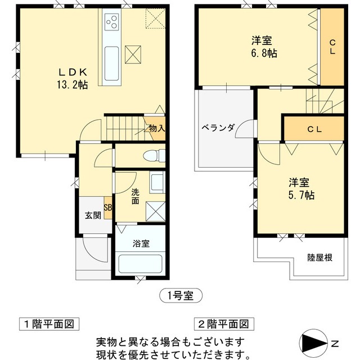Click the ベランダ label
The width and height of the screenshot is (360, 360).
[x=218, y=127]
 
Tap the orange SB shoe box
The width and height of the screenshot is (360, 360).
[x=107, y=206]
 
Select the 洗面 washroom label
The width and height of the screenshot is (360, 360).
[x=136, y=196]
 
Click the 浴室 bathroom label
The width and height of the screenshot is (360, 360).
[x=141, y=244]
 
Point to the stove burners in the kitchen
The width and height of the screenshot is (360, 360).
[x=111, y=23]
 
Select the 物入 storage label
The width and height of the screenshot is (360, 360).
[x=156, y=128]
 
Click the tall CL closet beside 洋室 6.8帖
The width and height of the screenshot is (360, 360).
[x=332, y=47]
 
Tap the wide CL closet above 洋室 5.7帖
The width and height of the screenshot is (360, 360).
[x=314, y=129]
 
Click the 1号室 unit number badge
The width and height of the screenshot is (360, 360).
[x=179, y=294]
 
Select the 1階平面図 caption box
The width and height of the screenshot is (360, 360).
[x=47, y=325]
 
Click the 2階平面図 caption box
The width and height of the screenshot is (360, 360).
[x=222, y=325]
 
